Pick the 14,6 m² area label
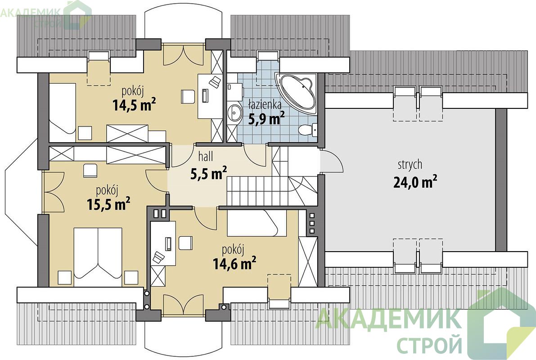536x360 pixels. (234, 264)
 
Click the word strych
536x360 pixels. (410, 165)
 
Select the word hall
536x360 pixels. (205, 157)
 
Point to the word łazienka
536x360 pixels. (265, 103)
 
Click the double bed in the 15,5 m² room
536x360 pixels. (98, 252)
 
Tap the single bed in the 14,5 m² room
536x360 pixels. (63, 108)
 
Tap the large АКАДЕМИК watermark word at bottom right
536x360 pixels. (388, 319)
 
